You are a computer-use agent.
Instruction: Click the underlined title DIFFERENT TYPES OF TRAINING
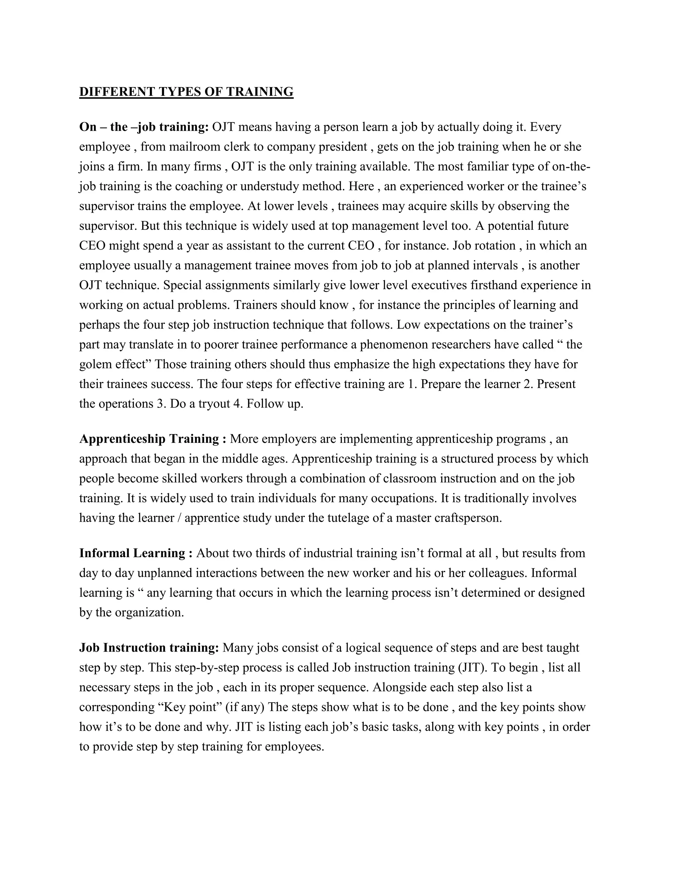[x=186, y=92]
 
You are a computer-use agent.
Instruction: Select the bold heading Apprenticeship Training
[x=153, y=439]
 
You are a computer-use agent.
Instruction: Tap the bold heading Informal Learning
[x=136, y=553]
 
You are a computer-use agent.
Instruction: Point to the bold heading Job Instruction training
[x=149, y=648]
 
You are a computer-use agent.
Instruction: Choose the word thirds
[x=269, y=553]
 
